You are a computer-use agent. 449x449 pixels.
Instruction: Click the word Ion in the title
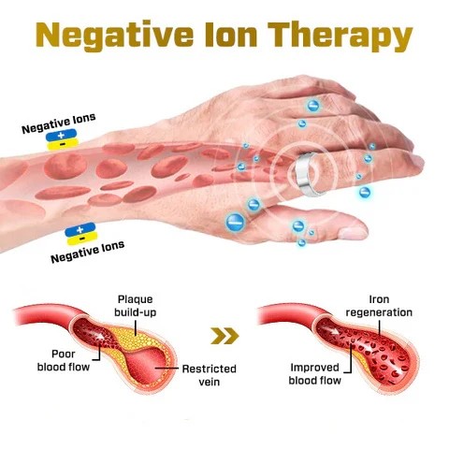coord(231,35)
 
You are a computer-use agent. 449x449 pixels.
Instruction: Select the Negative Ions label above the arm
coord(59,123)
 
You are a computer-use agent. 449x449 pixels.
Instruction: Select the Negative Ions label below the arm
coord(88,252)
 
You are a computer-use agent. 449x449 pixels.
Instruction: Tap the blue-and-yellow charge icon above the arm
coord(62,139)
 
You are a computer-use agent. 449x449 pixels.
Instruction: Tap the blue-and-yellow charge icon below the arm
coord(80,234)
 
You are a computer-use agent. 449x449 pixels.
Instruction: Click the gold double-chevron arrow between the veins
coord(224,336)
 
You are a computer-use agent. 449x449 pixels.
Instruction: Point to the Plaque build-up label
coord(135,306)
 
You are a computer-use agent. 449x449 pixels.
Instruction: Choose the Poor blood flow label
coord(64,360)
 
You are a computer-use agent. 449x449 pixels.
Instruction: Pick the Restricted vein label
coord(210,375)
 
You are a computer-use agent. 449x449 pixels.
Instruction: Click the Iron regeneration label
coord(379,306)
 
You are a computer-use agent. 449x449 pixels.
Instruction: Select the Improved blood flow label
coord(314,374)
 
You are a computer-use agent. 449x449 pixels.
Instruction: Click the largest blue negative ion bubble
coord(236,222)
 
